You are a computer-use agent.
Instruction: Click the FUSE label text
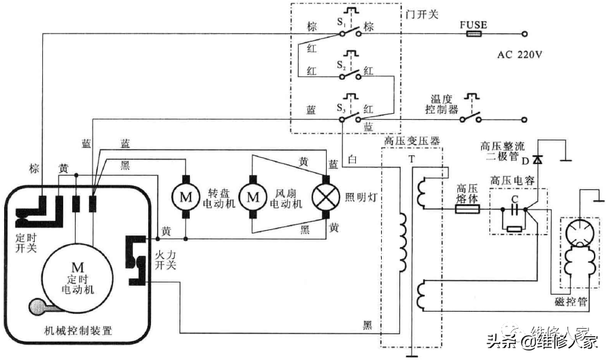(474, 25)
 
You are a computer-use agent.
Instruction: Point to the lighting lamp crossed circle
(325, 197)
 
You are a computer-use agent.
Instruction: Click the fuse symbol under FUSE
(474, 34)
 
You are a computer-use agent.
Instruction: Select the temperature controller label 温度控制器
(442, 103)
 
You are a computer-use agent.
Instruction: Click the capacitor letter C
(515, 199)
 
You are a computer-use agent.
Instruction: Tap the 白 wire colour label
(352, 159)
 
